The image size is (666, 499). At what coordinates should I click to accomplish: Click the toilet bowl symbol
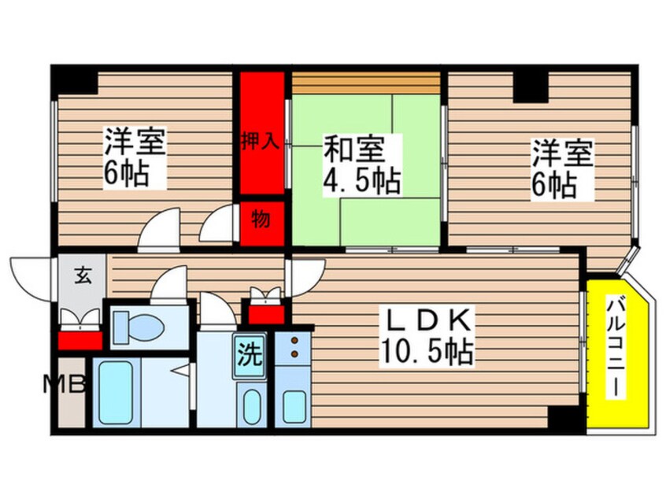pyautogui.click(x=138, y=322)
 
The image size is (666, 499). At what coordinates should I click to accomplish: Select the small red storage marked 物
pyautogui.click(x=261, y=219)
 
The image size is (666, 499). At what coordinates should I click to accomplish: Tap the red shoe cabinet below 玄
pyautogui.click(x=80, y=339)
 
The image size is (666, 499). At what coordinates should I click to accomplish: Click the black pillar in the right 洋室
pyautogui.click(x=531, y=87)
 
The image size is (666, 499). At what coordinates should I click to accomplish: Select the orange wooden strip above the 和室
pyautogui.click(x=365, y=83)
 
